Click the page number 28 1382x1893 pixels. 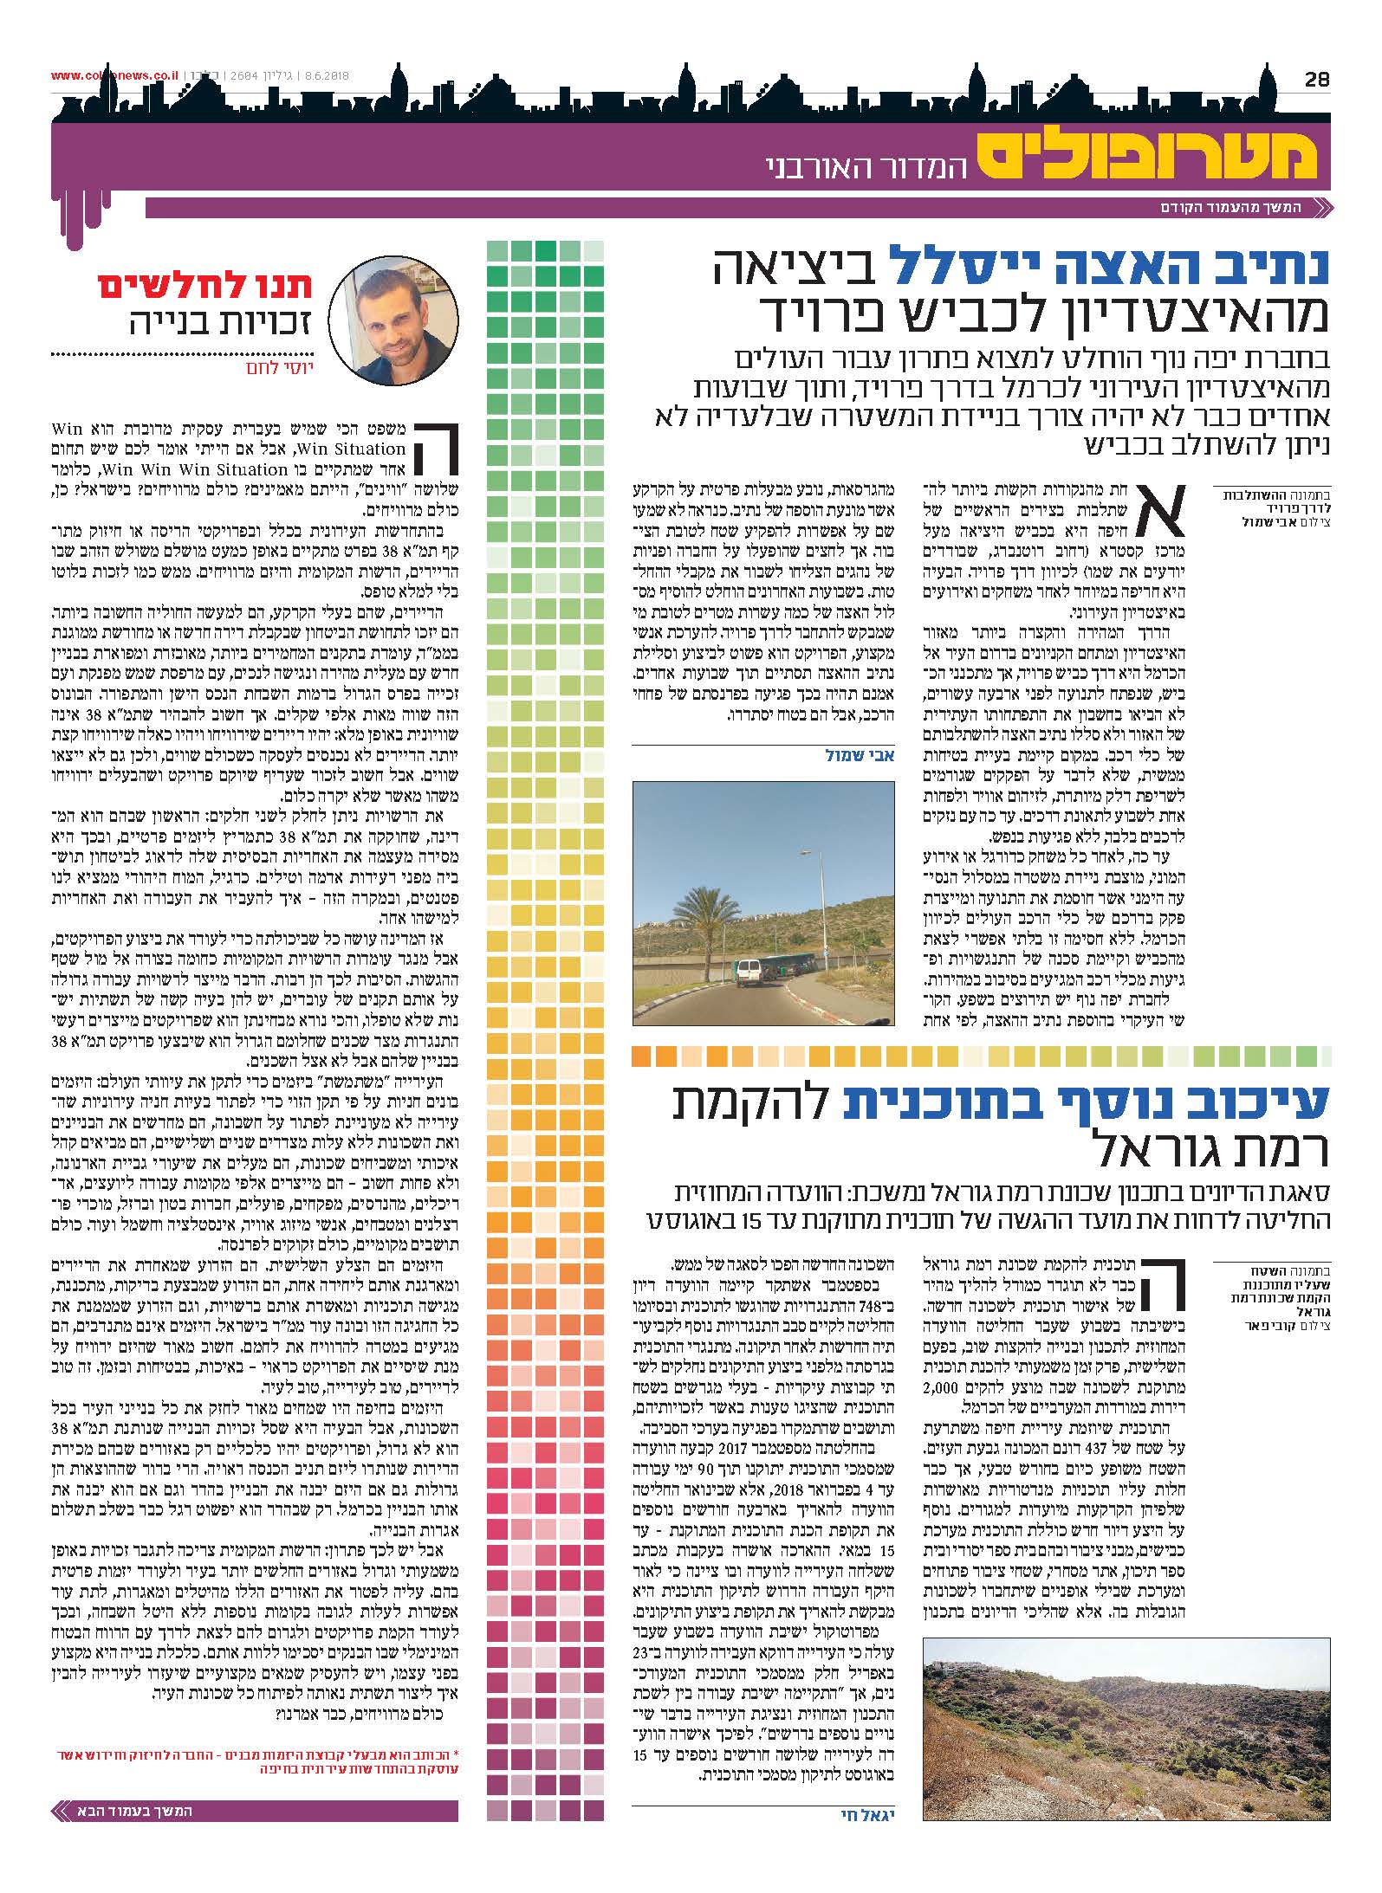(x=1316, y=79)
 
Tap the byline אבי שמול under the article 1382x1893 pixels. (x=860, y=755)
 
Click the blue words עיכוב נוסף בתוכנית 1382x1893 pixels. (x=1083, y=1102)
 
